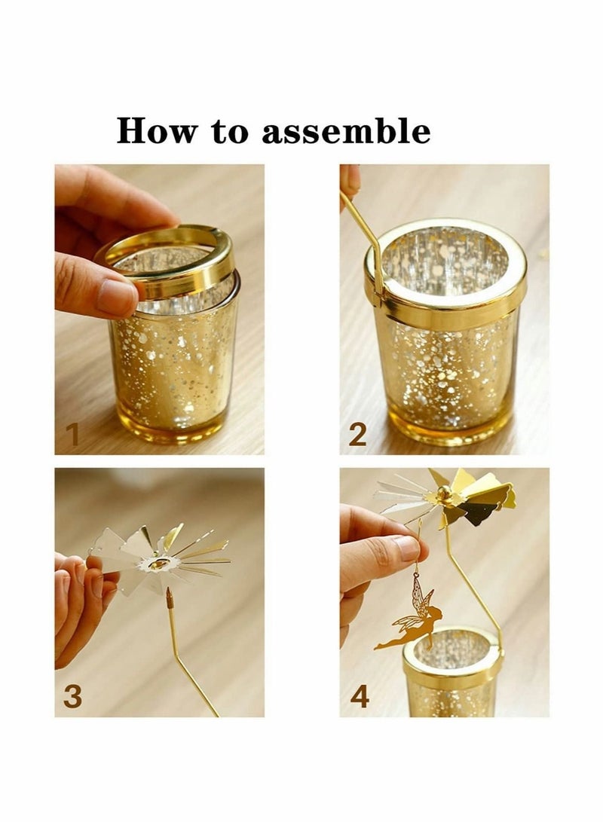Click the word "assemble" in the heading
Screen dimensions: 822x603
pyautogui.click(x=346, y=132)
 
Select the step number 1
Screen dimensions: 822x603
pyautogui.click(x=72, y=435)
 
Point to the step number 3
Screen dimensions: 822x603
pyautogui.click(x=72, y=696)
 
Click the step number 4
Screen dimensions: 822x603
pyautogui.click(x=360, y=696)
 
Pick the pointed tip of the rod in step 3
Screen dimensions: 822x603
pyautogui.click(x=169, y=598)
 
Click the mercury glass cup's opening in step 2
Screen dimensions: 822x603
pyautogui.click(x=444, y=260)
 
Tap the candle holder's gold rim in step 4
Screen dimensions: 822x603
pyautogui.click(x=452, y=663)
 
